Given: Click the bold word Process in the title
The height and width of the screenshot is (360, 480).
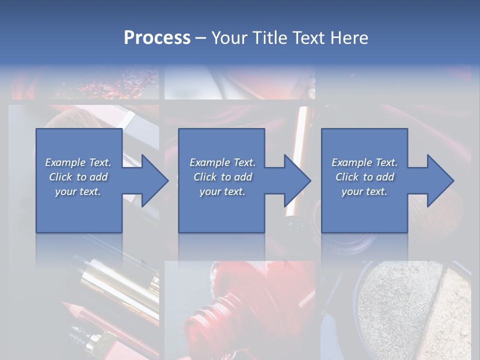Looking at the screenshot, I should click(x=157, y=37).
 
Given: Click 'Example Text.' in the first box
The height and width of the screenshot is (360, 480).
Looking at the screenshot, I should click(x=78, y=162).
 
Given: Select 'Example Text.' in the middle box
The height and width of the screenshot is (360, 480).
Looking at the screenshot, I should click(x=222, y=162).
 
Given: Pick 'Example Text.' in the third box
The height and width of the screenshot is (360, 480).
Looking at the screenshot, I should click(x=364, y=162).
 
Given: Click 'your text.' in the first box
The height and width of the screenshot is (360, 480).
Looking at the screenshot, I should click(x=78, y=191).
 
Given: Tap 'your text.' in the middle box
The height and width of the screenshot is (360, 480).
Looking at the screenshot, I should click(x=222, y=191).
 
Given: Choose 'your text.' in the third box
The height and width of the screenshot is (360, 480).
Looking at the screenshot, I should click(x=364, y=191).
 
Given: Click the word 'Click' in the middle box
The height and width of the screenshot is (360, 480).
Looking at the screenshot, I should click(x=205, y=177).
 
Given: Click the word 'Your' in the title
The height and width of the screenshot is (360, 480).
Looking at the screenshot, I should click(x=228, y=37).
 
